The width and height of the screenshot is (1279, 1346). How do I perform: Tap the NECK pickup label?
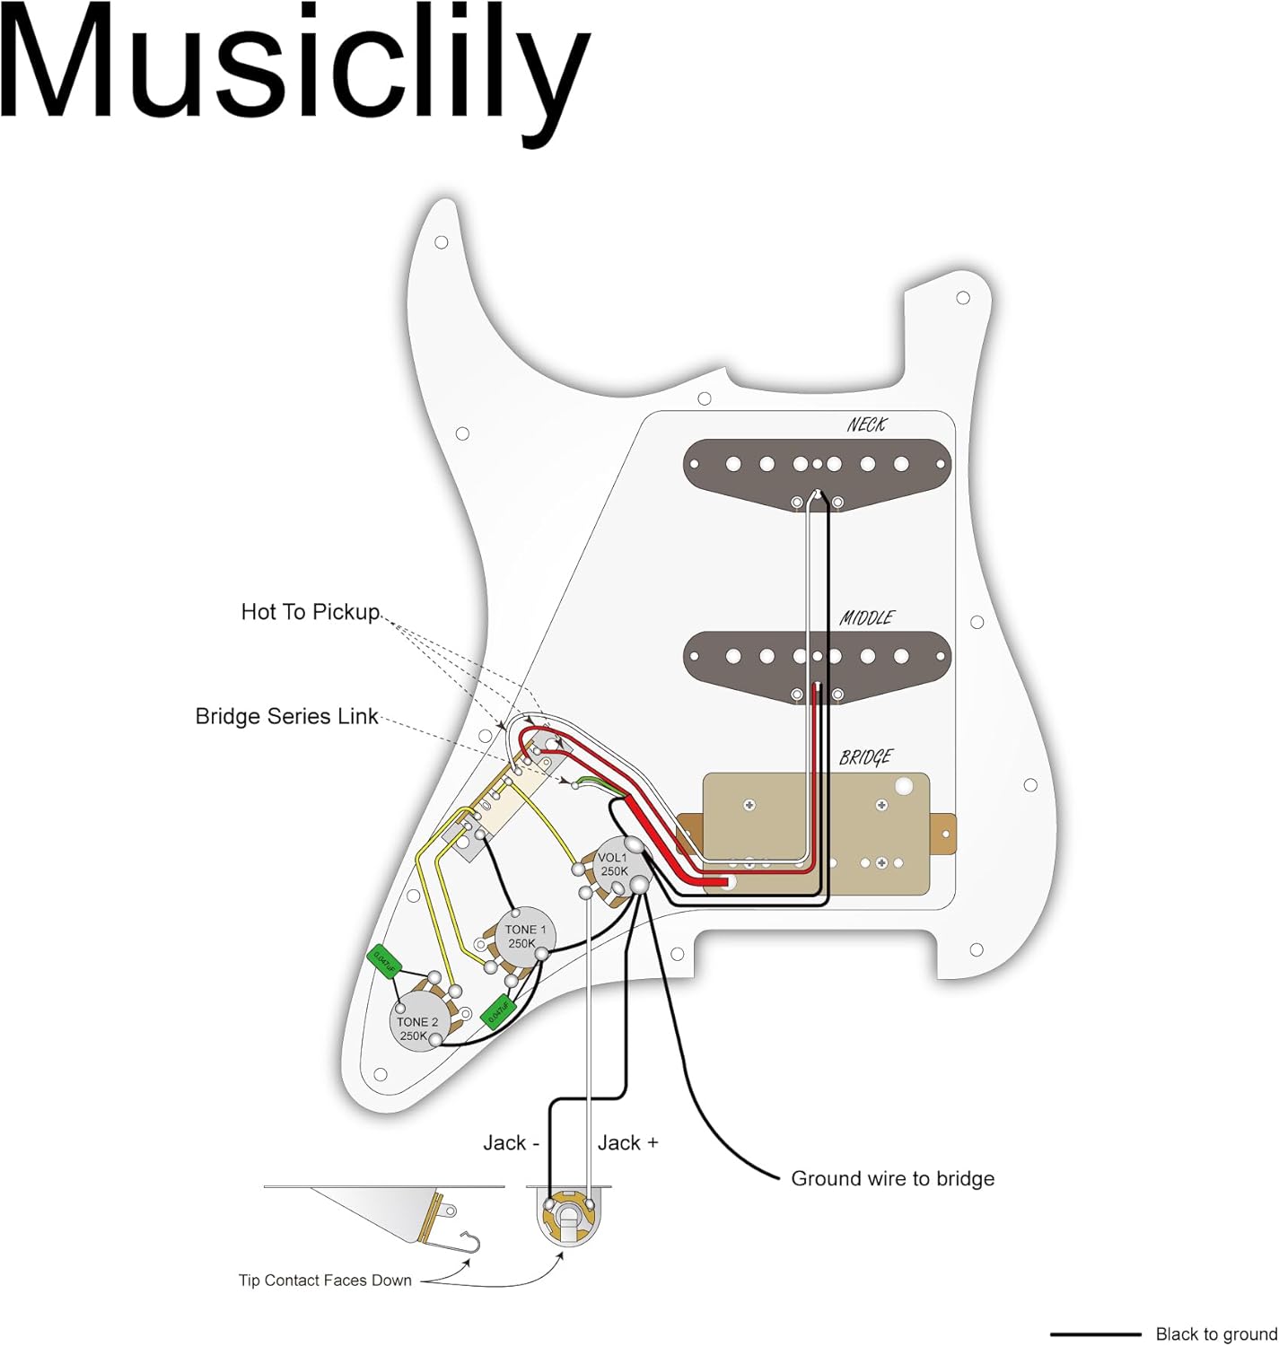point(866,424)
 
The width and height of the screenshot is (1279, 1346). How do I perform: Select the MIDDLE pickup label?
point(866,617)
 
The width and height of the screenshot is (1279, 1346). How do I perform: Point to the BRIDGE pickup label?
point(865,757)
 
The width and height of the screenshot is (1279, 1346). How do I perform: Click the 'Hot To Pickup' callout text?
point(311,612)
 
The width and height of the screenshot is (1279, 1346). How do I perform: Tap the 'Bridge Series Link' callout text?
point(287,717)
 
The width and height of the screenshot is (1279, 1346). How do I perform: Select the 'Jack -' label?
point(511,1143)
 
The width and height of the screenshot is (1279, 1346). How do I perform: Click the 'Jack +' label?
point(627,1143)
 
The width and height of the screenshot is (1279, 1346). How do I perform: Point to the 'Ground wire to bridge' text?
point(892,1179)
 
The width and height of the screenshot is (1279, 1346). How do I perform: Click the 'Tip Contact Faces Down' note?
point(325,1280)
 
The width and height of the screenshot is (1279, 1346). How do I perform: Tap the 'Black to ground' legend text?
point(1216,1334)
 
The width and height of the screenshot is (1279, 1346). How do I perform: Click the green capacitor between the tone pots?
point(497,1011)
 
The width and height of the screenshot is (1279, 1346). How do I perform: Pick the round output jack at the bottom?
point(568,1217)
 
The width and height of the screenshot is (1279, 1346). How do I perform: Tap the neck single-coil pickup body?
point(817,472)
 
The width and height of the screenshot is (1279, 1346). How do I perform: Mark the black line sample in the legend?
point(1095,1334)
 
